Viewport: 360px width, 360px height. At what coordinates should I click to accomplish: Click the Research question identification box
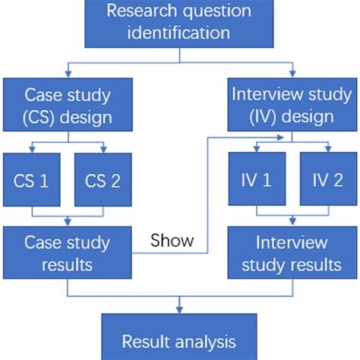179,22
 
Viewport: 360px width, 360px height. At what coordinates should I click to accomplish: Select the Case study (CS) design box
69,106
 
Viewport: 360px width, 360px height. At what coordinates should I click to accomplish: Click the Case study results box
69,254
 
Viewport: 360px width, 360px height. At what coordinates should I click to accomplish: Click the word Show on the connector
172,242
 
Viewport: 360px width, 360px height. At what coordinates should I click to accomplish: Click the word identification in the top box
179,33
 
